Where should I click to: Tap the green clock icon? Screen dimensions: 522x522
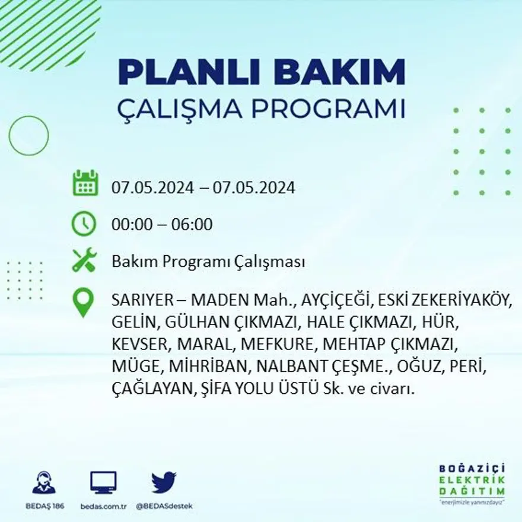(84, 224)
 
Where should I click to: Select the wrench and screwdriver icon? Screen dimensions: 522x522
(84, 260)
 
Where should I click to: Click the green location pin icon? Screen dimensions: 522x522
(84, 303)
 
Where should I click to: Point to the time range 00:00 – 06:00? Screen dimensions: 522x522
(161, 225)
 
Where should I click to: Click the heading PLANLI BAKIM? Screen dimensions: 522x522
(261, 72)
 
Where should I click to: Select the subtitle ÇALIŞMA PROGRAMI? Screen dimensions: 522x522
(261, 109)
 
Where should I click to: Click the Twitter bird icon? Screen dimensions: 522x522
(164, 482)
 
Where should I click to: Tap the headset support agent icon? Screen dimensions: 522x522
(44, 483)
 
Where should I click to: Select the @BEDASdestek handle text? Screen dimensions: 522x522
(164, 506)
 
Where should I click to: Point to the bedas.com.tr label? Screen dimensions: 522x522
(103, 506)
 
